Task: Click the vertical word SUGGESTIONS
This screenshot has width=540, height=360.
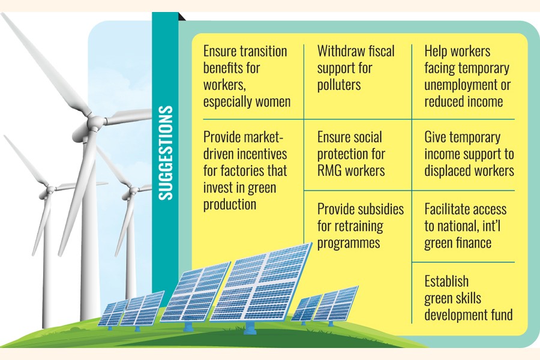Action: pos(166,152)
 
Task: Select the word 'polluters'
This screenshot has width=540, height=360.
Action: pos(339,85)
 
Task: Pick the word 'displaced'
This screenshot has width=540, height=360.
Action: pos(445,171)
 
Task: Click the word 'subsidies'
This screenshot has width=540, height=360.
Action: pos(382,209)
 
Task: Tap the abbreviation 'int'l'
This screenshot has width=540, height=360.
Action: pos(491,226)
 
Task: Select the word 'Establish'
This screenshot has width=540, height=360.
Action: pos(446,281)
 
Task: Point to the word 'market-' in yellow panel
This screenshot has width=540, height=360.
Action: pos(263,137)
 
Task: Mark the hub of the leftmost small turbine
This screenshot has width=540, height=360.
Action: pos(50,189)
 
